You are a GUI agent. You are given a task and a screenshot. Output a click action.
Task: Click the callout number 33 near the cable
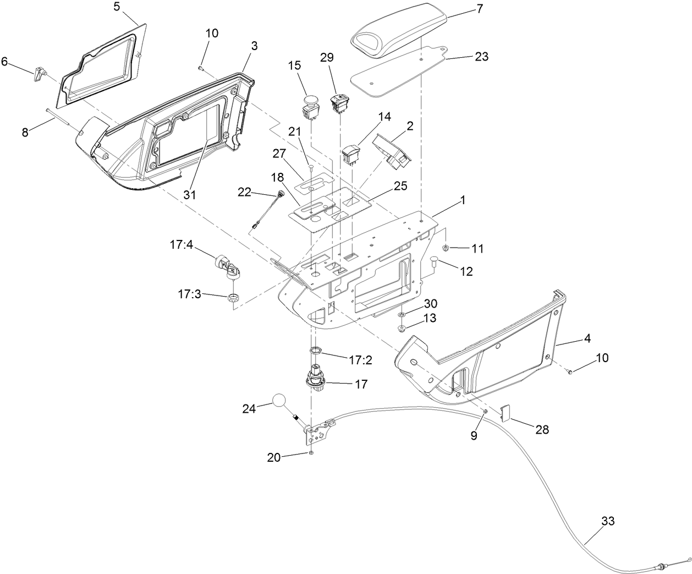607,521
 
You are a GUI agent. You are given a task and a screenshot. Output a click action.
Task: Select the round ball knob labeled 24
279,401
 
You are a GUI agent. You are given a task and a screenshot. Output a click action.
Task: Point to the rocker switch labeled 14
351,154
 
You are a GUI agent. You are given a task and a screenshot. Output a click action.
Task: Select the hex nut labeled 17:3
233,298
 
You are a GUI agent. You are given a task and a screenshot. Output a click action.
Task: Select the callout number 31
191,195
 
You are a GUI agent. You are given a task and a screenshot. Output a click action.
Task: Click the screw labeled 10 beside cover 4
570,373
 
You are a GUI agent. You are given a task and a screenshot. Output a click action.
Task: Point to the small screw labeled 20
311,452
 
